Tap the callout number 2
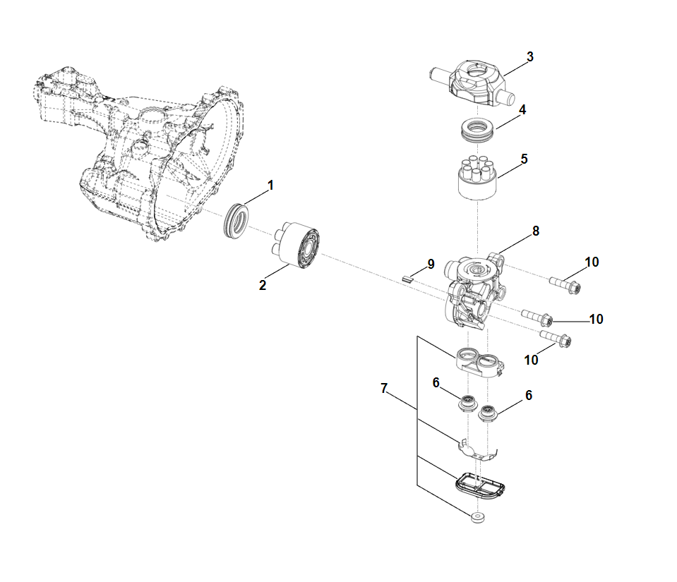coord(263,285)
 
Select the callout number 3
coord(529,56)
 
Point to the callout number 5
coord(525,159)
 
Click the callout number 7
coord(384,388)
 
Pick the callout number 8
coord(536,231)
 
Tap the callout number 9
coord(430,265)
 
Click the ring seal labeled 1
coord(236,220)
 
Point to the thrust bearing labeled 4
coord(477,131)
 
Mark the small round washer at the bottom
coord(478,519)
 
